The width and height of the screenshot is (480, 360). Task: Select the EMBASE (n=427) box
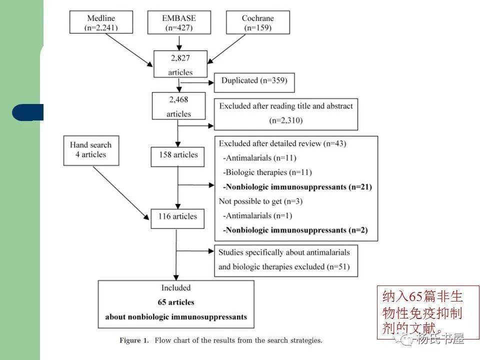[x=178, y=22]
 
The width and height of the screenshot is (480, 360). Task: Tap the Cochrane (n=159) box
[x=257, y=22]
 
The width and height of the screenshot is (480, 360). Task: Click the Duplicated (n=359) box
[x=254, y=80]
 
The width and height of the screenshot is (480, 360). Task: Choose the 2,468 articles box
[x=178, y=106]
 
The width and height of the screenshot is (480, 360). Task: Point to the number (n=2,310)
[x=285, y=120]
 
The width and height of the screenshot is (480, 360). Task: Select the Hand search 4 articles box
[x=91, y=149]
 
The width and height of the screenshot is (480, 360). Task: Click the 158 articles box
[x=178, y=155]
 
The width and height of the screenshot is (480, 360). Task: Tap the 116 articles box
[x=177, y=216]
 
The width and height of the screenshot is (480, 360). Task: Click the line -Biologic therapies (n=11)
[x=267, y=172]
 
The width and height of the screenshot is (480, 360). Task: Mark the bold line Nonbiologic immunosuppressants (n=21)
[x=297, y=187]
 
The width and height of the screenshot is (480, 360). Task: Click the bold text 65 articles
[x=175, y=302]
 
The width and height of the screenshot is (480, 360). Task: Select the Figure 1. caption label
[x=134, y=340]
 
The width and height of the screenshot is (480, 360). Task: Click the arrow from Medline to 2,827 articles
[x=128, y=50]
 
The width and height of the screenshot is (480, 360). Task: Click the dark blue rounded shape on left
[x=28, y=112]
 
